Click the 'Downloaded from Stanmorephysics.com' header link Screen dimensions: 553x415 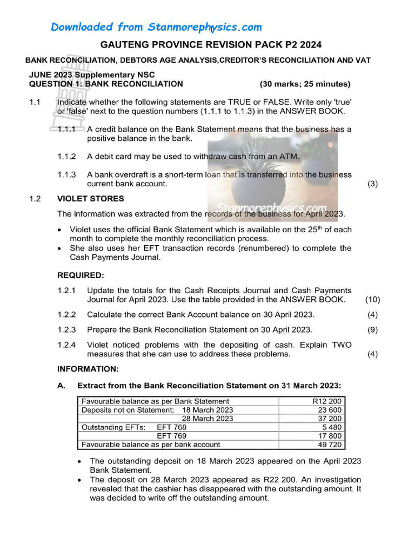(156, 27)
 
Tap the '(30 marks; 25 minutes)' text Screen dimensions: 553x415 (305, 84)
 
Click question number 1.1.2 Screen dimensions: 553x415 (66, 157)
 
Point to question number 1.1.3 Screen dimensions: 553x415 (66, 174)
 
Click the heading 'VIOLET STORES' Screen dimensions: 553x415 (90, 198)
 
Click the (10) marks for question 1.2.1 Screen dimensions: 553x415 (372, 300)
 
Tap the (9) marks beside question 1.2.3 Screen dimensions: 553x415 (372, 329)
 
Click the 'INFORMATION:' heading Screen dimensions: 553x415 (88, 369)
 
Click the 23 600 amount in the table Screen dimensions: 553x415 (330, 410)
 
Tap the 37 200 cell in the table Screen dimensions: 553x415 (330, 419)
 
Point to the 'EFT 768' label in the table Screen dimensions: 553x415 (171, 427)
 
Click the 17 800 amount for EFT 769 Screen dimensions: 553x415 (330, 436)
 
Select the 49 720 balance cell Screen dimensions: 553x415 (330, 444)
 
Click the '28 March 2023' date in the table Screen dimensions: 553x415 (207, 419)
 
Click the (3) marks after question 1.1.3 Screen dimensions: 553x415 (372, 184)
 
